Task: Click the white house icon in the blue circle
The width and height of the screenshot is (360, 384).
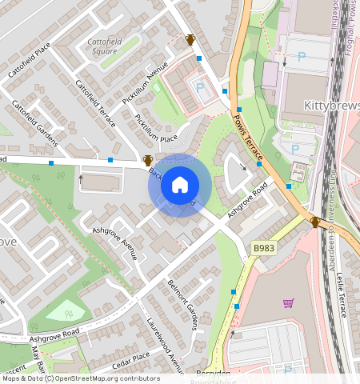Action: click(x=180, y=185)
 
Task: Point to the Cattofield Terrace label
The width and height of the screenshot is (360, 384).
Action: click(x=94, y=104)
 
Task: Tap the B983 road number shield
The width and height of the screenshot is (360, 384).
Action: click(x=265, y=249)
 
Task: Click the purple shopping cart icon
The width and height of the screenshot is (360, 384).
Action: click(x=288, y=302)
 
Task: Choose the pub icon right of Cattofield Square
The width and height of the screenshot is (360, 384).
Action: click(x=190, y=39)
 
